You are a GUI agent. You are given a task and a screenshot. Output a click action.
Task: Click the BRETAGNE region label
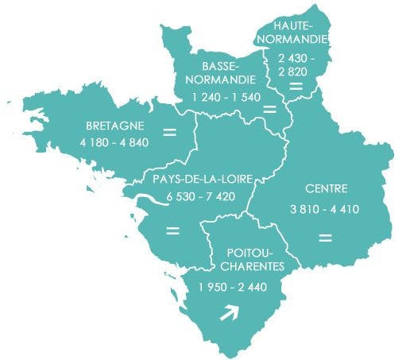[x=114, y=126]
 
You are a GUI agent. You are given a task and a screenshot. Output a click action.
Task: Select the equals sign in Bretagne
[x=169, y=131]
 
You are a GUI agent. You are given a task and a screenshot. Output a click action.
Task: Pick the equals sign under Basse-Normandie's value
[x=269, y=108]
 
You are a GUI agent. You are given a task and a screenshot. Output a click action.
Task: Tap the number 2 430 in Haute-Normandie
[x=295, y=58]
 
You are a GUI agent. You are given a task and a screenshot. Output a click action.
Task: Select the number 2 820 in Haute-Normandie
[x=295, y=72]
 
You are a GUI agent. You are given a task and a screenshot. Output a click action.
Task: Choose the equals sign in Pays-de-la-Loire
[x=172, y=231]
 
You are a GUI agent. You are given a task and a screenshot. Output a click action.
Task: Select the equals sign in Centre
[x=324, y=237]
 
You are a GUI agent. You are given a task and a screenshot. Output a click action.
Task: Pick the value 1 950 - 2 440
[x=234, y=286]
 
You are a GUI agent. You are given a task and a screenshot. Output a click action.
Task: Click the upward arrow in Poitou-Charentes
[x=229, y=315]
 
